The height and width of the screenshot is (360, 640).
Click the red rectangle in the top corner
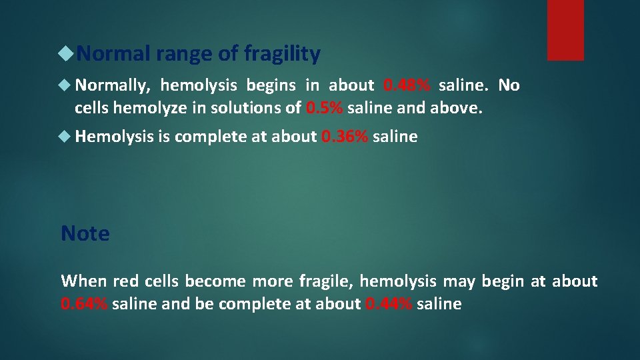pos(565,30)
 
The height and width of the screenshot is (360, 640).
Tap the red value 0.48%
pos(407,85)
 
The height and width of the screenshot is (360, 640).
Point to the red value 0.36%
pos(344,137)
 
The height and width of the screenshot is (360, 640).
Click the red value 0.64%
pos(84,305)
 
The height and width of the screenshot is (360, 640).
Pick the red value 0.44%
pos(389,305)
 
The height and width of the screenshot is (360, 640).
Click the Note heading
pos(85,233)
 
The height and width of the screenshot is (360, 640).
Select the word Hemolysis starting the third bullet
pos(114,137)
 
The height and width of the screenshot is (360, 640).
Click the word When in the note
pos(84,281)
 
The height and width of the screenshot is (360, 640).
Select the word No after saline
pos(509,85)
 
